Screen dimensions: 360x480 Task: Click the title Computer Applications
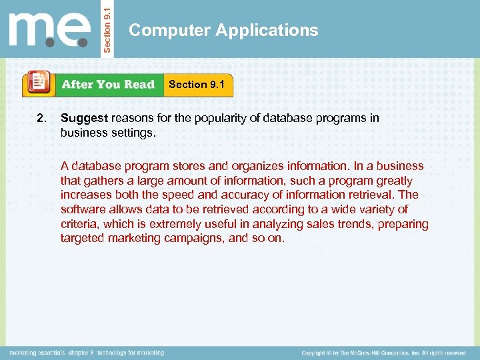tap(223, 30)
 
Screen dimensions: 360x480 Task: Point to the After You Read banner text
tap(108, 85)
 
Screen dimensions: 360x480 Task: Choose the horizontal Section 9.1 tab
tap(197, 85)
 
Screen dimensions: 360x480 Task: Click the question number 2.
tap(41, 118)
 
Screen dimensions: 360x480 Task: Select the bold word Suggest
tap(84, 118)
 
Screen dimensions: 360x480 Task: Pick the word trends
tap(353, 224)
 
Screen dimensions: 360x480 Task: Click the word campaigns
tap(193, 238)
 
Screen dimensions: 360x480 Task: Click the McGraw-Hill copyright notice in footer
tap(383, 352)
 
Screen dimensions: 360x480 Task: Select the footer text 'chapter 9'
tap(79, 352)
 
